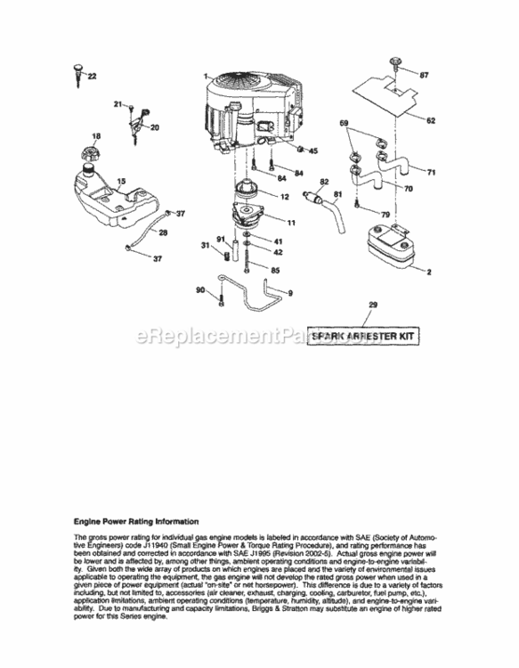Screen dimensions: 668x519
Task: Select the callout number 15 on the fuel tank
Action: [122, 182]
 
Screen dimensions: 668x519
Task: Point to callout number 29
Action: [373, 305]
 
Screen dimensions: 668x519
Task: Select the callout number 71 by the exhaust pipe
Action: [431, 172]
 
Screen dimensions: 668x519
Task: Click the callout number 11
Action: [291, 220]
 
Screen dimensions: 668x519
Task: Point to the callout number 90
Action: [200, 289]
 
